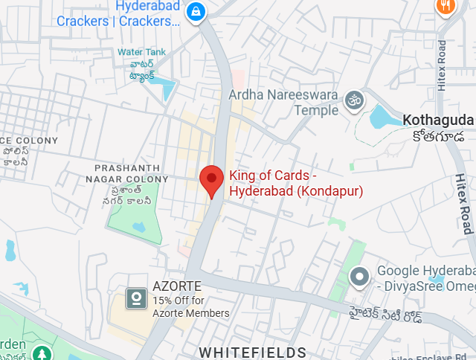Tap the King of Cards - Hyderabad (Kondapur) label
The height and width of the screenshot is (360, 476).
coord(295,184)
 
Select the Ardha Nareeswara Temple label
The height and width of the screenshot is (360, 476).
coord(283,103)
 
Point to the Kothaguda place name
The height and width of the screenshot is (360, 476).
coord(437,120)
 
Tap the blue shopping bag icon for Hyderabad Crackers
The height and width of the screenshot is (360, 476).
coord(195,12)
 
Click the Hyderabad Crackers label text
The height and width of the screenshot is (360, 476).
coord(118,14)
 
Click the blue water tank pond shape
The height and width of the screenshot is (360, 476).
coord(167,89)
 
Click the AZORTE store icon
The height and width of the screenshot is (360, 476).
coord(135,299)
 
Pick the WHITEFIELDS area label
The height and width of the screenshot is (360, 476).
coord(252,352)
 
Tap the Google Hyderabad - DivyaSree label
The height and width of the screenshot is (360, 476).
coord(425,278)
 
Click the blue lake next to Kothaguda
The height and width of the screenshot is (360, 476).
coord(384,118)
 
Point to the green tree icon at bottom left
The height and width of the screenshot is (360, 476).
coord(42,352)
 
